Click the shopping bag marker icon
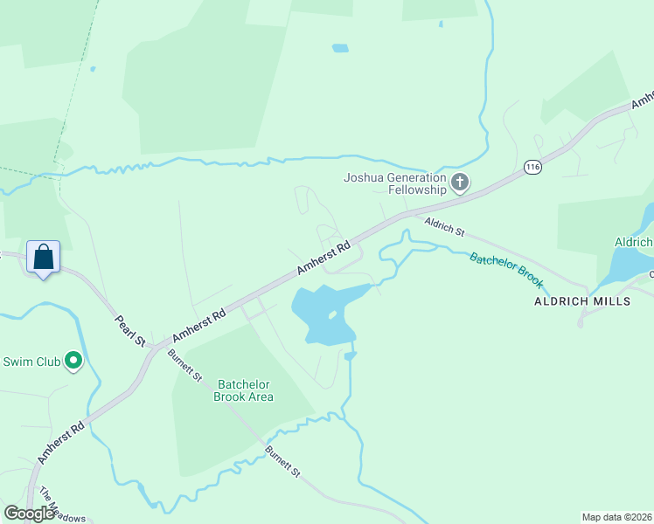[x=43, y=258]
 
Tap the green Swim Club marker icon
[x=73, y=360]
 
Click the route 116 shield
[x=532, y=166]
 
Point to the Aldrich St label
[x=444, y=227]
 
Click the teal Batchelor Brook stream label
[x=507, y=271]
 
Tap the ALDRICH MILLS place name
[x=582, y=301]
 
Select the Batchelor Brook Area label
[x=244, y=390]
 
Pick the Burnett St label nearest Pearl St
[x=185, y=365]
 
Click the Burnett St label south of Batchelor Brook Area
[x=282, y=461]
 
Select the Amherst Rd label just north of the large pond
[x=323, y=259]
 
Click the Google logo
[x=30, y=514]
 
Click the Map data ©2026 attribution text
[x=617, y=517]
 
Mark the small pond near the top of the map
[x=340, y=48]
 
